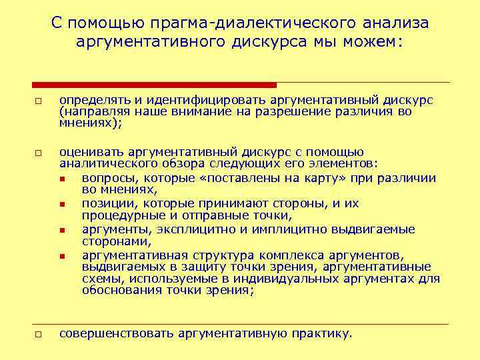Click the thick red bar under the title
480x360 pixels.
pyautogui.click(x=155, y=85)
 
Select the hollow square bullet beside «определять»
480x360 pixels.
pyautogui.click(x=39, y=101)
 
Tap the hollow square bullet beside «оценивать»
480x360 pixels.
pyautogui.click(x=39, y=154)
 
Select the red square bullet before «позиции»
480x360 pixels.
pyautogui.click(x=62, y=205)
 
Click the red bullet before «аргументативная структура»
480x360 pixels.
pyautogui.click(x=62, y=255)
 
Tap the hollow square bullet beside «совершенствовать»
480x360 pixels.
pyautogui.click(x=39, y=334)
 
